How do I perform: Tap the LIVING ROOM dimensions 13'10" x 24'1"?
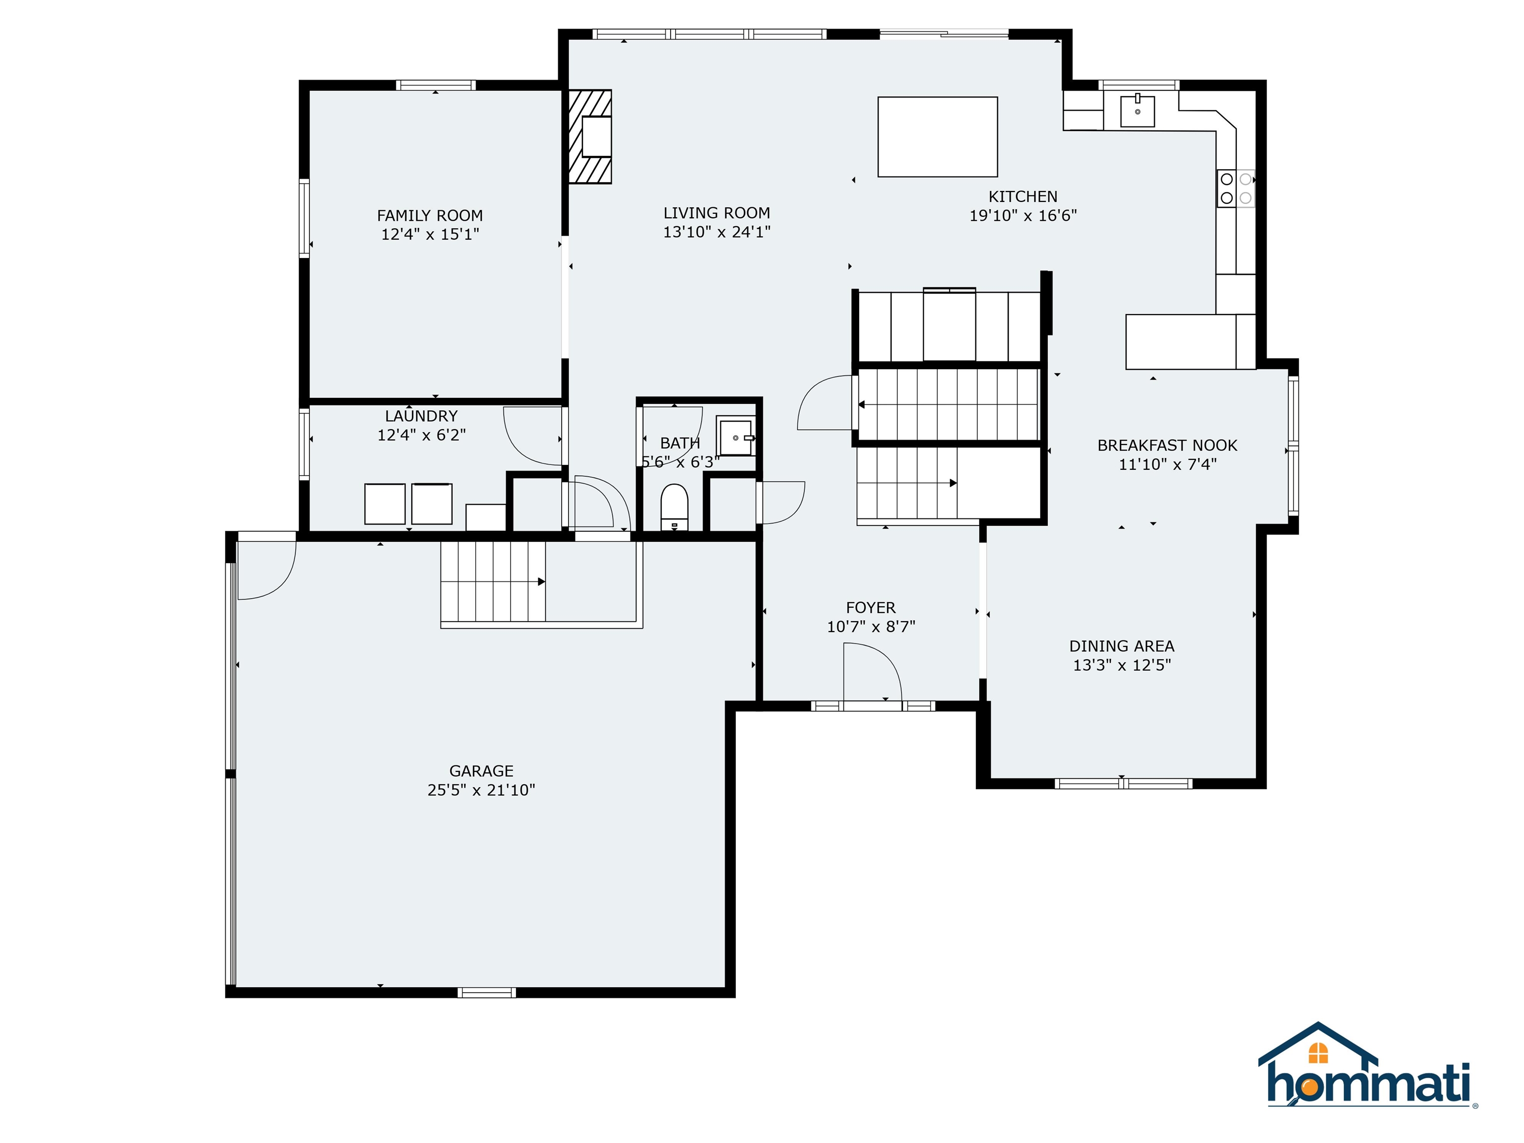716,232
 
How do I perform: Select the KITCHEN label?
1022,196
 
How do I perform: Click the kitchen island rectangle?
937,136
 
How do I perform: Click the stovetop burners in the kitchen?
1236,188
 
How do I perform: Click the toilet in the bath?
674,507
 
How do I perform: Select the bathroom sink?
736,436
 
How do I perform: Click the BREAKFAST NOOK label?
1167,446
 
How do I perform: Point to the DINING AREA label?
1122,646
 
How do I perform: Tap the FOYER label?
871,608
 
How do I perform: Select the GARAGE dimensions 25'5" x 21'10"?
481,790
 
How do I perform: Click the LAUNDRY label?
421,416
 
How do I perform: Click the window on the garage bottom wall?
486,992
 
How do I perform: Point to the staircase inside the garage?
493,582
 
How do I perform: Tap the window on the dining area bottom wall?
1123,783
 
